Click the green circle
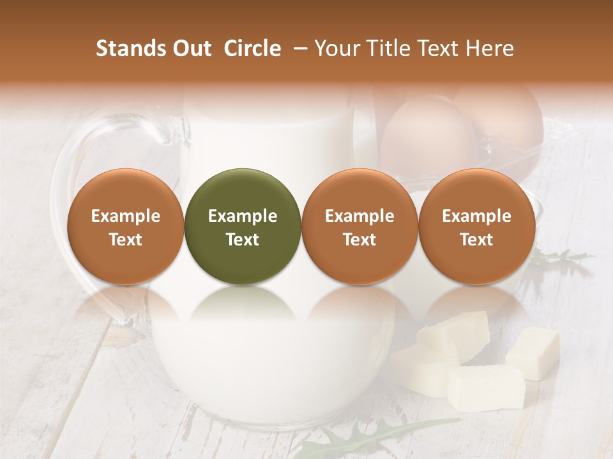click(x=243, y=226)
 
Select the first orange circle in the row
click(x=126, y=226)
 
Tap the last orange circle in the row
click(x=476, y=226)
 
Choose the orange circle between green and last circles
click(x=359, y=226)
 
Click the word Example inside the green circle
click(x=243, y=216)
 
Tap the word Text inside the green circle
click(x=243, y=240)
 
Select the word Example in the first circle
click(x=126, y=216)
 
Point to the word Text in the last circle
click(x=476, y=240)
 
